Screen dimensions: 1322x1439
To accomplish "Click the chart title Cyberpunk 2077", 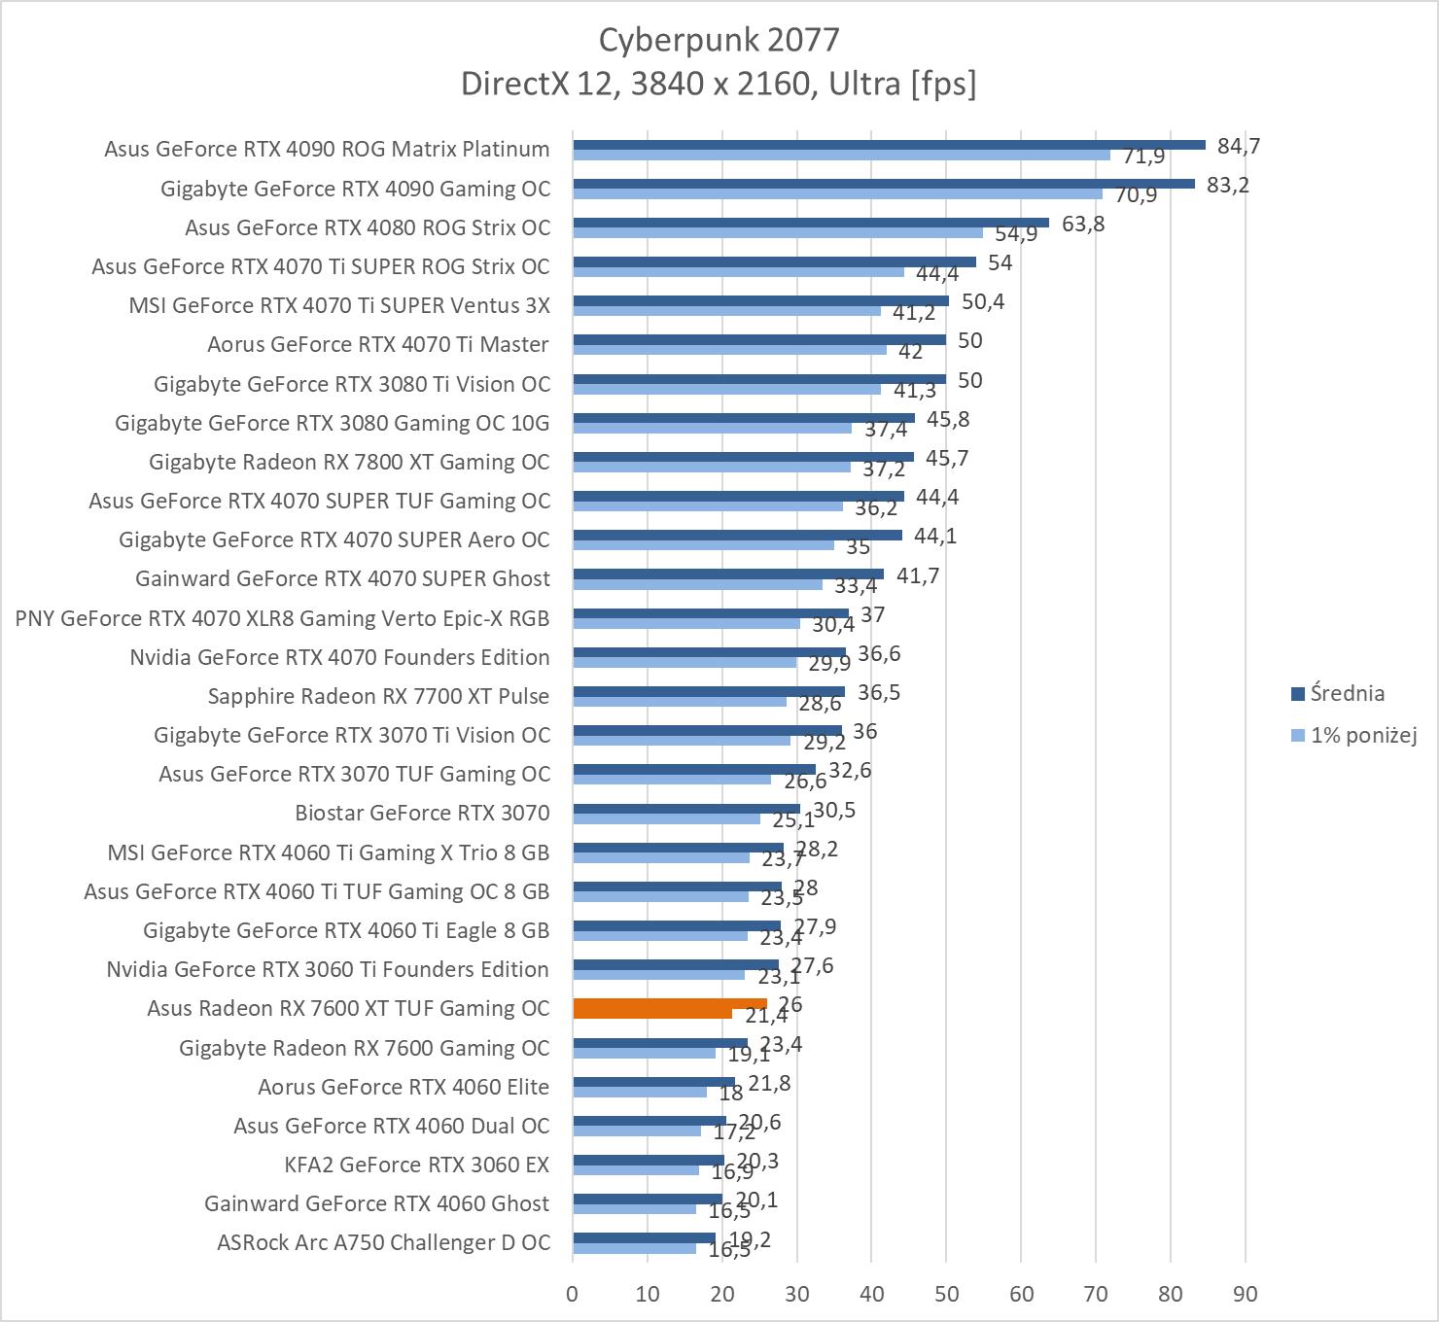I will [x=719, y=40].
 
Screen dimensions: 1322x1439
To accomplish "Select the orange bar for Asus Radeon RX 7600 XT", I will [x=670, y=1004].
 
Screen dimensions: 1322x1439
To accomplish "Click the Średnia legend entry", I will [x=1347, y=693].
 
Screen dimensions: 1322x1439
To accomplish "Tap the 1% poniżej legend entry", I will [x=1362, y=735].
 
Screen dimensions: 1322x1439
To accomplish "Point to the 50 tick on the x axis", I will [x=946, y=1294].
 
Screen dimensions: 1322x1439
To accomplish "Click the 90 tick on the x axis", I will [x=1245, y=1294].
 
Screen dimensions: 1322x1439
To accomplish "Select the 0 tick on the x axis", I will [x=572, y=1294].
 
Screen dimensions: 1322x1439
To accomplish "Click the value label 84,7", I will [x=1238, y=146].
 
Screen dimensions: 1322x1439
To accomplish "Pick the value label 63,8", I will [x=1083, y=225].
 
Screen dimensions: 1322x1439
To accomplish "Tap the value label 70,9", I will [x=1136, y=195].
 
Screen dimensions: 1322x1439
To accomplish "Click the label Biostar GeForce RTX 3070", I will [x=422, y=813].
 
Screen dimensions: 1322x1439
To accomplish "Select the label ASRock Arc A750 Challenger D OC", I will [x=383, y=1242].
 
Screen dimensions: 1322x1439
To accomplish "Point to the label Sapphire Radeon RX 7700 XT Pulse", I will [x=378, y=696].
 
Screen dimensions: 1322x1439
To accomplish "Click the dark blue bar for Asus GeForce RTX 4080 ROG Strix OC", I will [x=811, y=223].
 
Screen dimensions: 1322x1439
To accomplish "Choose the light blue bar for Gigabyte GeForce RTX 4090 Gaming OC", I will [x=837, y=193].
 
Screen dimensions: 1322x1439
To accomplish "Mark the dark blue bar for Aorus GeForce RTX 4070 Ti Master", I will [x=759, y=339].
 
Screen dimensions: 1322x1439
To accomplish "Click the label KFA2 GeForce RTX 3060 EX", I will [x=416, y=1165].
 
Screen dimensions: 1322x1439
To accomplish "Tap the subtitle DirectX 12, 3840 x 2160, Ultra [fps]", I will [x=719, y=85].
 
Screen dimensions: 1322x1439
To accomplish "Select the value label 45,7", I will [x=947, y=458].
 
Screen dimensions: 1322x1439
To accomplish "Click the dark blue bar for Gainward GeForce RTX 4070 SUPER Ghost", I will [x=728, y=574].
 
